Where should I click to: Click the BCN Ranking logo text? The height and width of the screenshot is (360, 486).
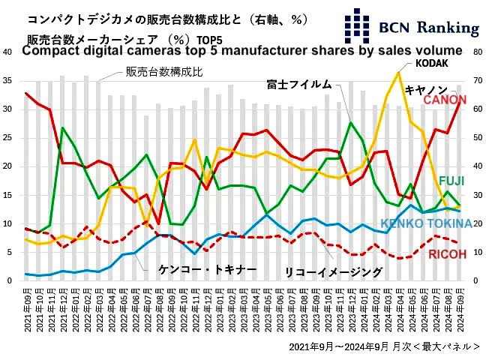pyautogui.click(x=430, y=28)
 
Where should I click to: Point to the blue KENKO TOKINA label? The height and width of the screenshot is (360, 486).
pyautogui.click(x=426, y=223)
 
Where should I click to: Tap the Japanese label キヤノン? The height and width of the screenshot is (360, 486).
pyautogui.click(x=426, y=88)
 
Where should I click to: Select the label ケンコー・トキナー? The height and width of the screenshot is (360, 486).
pyautogui.click(x=208, y=268)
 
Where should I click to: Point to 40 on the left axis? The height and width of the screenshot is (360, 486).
pyautogui.click(x=7, y=52)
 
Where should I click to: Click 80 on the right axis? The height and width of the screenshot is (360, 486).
pyautogui.click(x=478, y=52)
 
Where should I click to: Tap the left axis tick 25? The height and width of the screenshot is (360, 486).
pyautogui.click(x=7, y=138)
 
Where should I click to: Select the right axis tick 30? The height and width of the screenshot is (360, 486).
pyautogui.click(x=478, y=195)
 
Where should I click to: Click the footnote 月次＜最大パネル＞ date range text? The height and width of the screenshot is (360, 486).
pyautogui.click(x=383, y=346)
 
